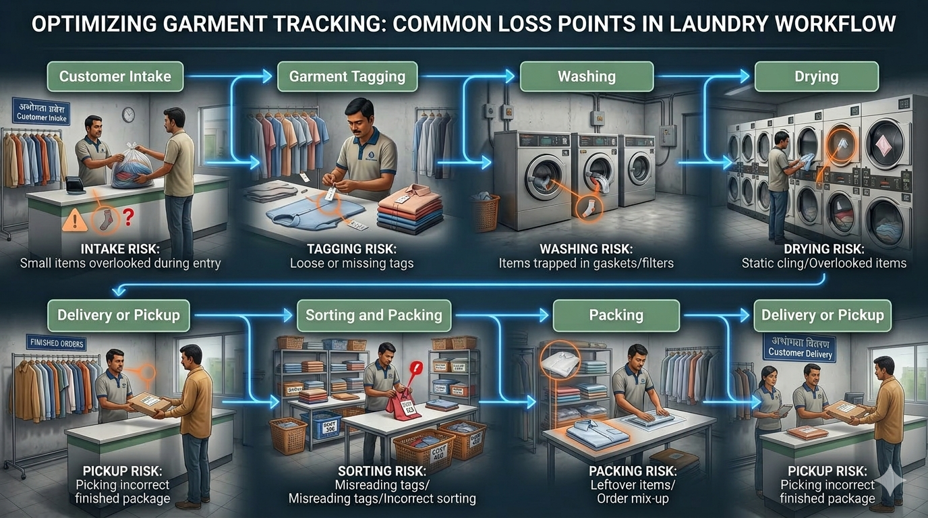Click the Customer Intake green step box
pos(115,76)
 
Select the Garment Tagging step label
pos(347,76)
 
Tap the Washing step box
pos(586,76)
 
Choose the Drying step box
pos(816,76)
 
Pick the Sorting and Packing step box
pos(374,315)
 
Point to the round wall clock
pos(128,115)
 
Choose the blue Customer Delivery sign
pos(800,347)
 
